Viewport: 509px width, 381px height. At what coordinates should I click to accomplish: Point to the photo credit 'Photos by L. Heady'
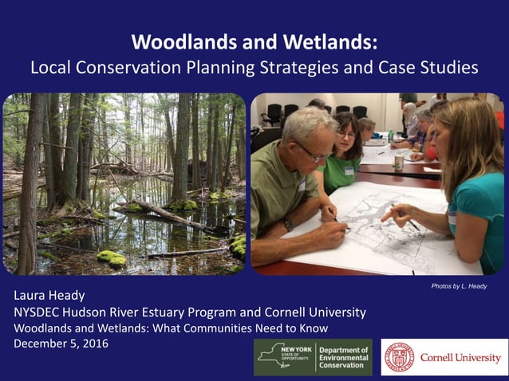(457, 285)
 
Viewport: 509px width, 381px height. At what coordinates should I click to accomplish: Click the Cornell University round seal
(399, 357)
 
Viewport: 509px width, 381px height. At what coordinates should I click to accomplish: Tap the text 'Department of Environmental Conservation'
(343, 357)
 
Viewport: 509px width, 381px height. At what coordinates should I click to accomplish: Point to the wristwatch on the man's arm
(289, 225)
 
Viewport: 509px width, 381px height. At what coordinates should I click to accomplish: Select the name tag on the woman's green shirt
(349, 170)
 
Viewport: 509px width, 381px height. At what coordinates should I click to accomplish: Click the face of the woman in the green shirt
(346, 136)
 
